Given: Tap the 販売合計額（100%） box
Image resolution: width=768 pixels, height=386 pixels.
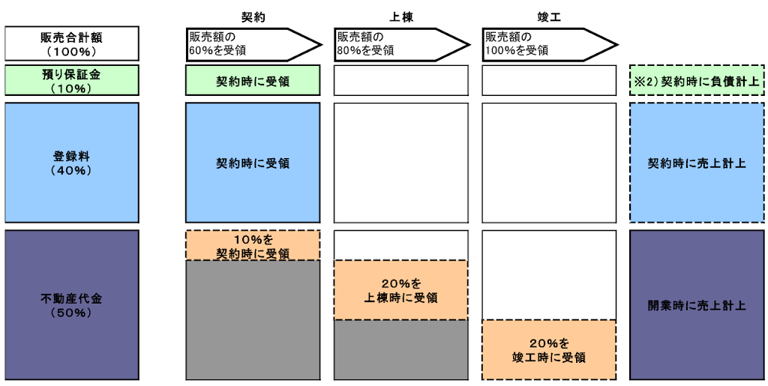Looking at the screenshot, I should (x=71, y=43).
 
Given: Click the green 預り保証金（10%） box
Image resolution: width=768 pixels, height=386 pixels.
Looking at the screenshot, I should (x=71, y=80).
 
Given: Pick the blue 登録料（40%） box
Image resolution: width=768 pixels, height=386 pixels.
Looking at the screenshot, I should (x=71, y=163).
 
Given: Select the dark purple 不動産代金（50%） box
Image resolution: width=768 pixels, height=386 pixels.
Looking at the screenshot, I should (x=71, y=304).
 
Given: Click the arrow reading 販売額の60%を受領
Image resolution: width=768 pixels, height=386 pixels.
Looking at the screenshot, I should (x=247, y=43).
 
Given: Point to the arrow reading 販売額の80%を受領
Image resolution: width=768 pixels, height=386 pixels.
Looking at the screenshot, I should (x=396, y=43).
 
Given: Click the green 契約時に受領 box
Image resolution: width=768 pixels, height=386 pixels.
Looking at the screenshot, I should (x=253, y=80).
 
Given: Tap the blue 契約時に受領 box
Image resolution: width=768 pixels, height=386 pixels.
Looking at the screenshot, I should (x=253, y=163).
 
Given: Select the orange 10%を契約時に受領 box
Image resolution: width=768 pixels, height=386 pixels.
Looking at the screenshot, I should (x=253, y=245).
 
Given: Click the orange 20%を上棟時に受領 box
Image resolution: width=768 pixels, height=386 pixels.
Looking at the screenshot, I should (x=401, y=290).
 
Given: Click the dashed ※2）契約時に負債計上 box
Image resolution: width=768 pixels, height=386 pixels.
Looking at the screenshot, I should (x=697, y=80).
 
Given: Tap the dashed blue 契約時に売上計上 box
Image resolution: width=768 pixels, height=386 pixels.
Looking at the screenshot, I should (x=697, y=163).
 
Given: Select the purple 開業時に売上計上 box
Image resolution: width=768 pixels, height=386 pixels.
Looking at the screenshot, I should (x=697, y=304).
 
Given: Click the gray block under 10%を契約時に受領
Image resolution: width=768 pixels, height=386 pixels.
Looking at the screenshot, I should (x=253, y=319).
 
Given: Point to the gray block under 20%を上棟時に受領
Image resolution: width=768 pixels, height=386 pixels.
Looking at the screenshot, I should (x=401, y=349).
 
